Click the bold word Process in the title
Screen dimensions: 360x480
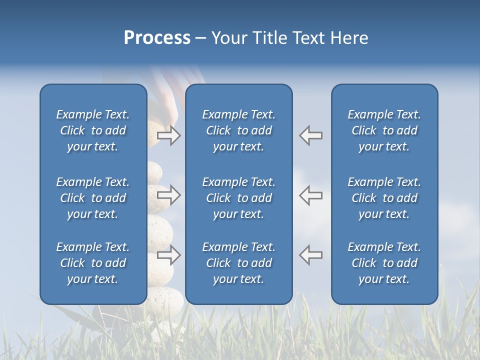coord(157,38)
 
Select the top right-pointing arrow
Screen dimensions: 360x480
coord(168,135)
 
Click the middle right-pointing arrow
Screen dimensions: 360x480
coord(168,195)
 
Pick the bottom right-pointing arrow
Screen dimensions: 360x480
coord(168,255)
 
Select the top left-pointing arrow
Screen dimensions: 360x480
coord(311,135)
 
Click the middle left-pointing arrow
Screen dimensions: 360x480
coord(311,195)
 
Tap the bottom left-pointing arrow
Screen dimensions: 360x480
coord(311,255)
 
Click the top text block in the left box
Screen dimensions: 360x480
coord(93,130)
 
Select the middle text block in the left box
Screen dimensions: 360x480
coord(93,198)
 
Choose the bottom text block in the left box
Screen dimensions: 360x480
coord(93,263)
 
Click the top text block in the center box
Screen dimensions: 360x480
coord(238,130)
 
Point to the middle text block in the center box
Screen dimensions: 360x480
coord(238,198)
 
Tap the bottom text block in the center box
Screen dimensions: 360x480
coord(238,263)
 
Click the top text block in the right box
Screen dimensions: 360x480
coord(384,130)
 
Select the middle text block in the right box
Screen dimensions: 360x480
coord(384,198)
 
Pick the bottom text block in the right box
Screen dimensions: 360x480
coord(384,263)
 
